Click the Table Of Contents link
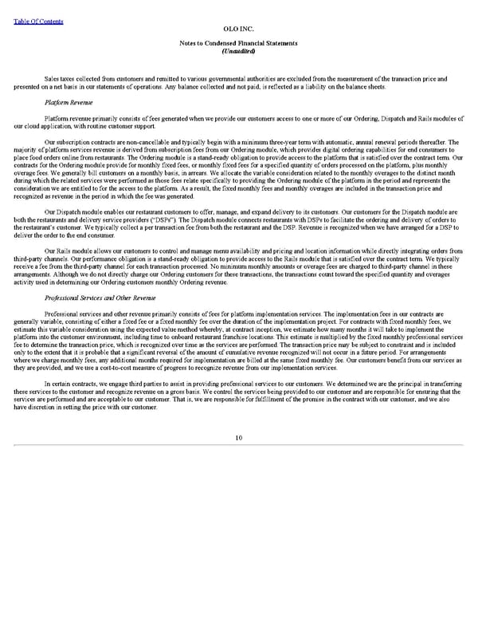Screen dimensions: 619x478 tap(38, 21)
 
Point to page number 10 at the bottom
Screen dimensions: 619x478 tap(238, 437)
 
